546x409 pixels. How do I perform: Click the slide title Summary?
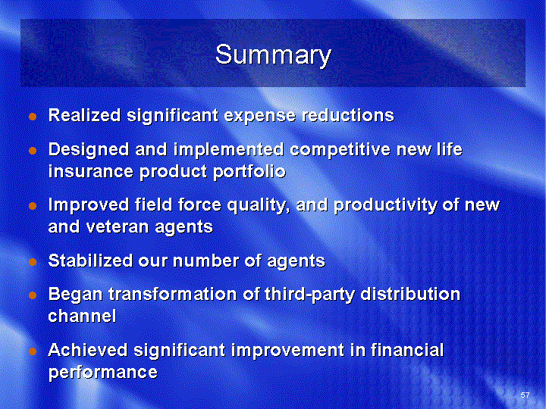click(x=273, y=55)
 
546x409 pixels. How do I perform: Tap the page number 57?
click(x=525, y=395)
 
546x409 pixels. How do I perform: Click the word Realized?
click(x=85, y=115)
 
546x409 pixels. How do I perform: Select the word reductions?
click(x=348, y=115)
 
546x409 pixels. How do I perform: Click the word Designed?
click(x=89, y=150)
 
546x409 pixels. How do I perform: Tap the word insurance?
click(x=90, y=171)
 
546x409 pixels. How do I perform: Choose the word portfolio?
click(x=249, y=172)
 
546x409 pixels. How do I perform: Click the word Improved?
click(x=89, y=204)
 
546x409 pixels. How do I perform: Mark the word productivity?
click(x=385, y=205)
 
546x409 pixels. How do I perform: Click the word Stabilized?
click(x=90, y=261)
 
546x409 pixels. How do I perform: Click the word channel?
click(x=82, y=316)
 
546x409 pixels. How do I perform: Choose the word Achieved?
click(x=88, y=350)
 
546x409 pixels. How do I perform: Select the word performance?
click(x=103, y=372)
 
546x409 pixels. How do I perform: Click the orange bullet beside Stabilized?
click(x=33, y=261)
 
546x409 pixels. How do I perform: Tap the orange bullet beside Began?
click(x=33, y=295)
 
